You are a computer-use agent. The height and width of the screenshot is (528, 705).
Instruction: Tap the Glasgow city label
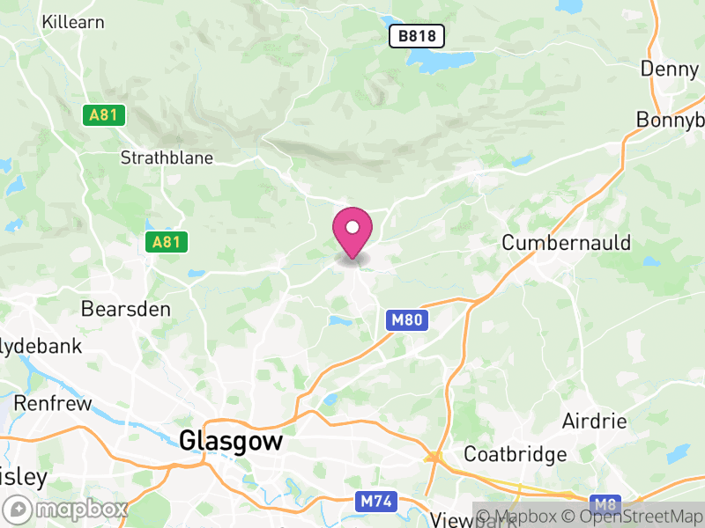(231, 441)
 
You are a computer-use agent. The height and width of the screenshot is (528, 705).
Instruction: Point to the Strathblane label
(167, 158)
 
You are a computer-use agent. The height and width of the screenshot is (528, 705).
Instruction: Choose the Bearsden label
(124, 309)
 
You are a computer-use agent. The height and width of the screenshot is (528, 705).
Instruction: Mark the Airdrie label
(595, 421)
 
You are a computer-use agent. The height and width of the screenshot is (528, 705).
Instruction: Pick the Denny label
(669, 69)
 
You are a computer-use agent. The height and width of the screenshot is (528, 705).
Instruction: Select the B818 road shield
(417, 36)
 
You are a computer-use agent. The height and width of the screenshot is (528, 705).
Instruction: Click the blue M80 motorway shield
(407, 320)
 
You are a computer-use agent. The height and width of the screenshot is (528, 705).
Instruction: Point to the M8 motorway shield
(604, 505)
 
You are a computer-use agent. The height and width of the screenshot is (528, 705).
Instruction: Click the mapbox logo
(67, 509)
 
